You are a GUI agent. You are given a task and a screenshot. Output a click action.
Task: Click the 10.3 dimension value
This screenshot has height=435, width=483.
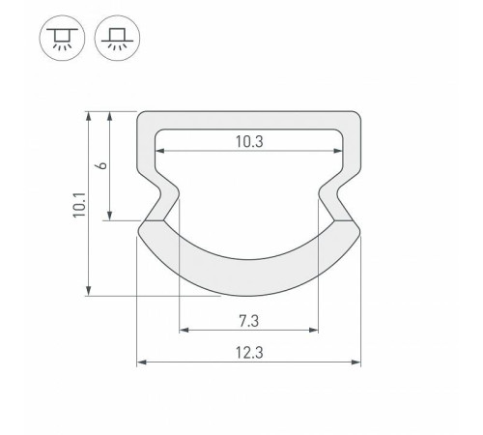248,141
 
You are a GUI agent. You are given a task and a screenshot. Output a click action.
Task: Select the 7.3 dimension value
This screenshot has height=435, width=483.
248,319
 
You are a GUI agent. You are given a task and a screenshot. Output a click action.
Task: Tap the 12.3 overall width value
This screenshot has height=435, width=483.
248,354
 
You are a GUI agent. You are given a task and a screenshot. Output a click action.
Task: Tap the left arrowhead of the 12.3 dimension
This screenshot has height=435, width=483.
141,364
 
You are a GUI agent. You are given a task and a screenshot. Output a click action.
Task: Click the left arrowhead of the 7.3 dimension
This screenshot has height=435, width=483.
183,330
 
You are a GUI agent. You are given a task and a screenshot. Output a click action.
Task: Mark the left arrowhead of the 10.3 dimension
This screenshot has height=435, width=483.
160,152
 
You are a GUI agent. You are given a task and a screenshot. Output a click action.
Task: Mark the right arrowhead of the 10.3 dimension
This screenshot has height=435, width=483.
337,152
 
